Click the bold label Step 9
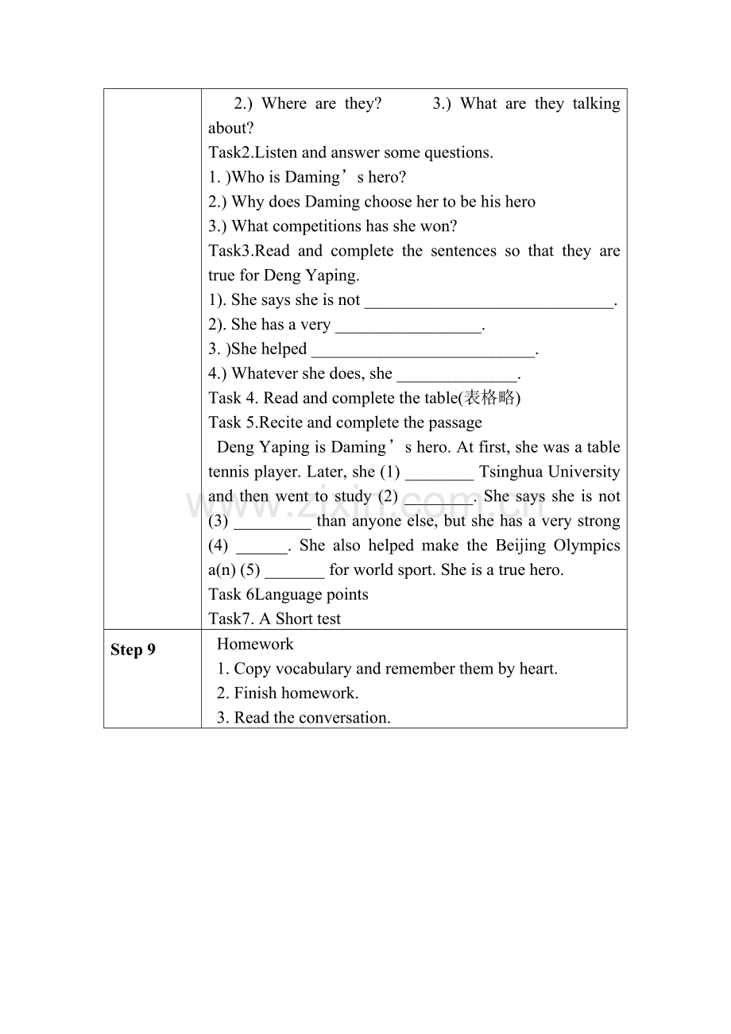coord(133,650)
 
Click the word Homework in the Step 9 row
coord(255,644)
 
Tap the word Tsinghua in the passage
coord(511,472)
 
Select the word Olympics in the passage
coord(588,546)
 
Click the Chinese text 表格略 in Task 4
coord(489,398)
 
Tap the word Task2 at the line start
coord(230,152)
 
